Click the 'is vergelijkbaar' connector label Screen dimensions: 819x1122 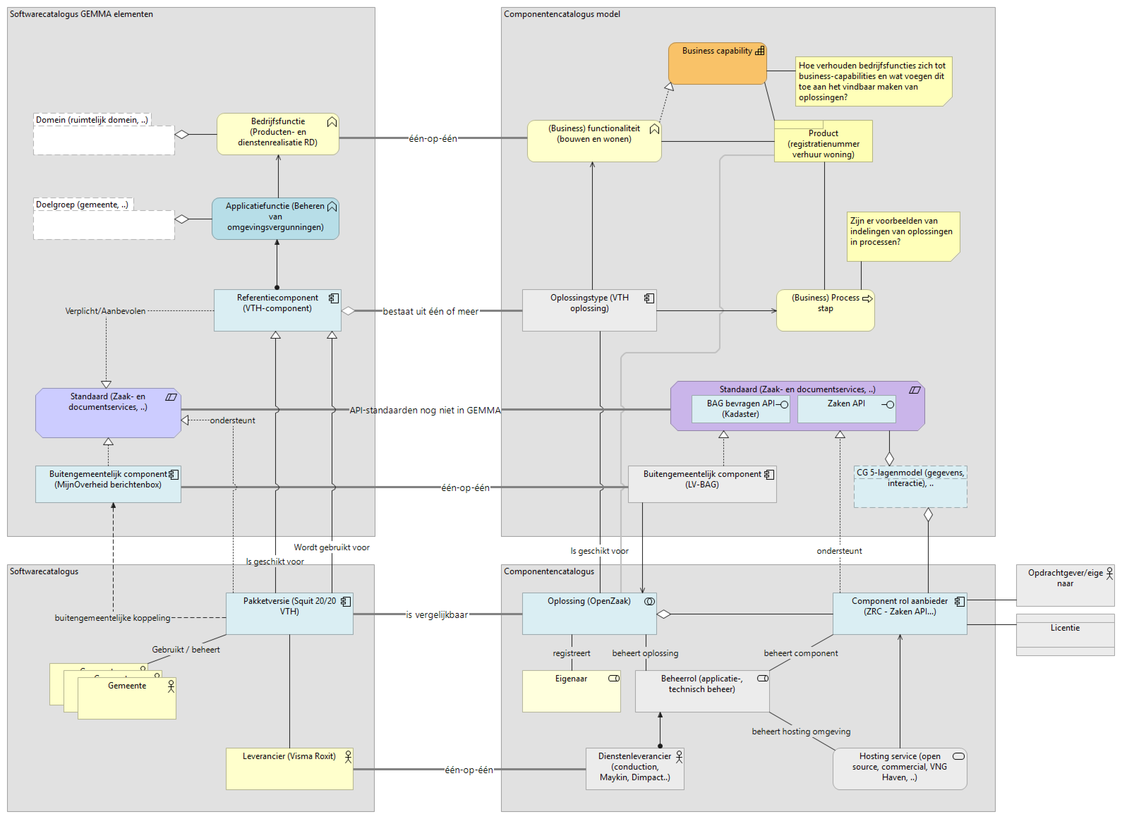tap(436, 615)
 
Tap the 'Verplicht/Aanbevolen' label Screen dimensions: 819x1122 tap(105, 311)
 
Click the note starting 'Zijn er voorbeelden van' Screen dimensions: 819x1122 tap(902, 236)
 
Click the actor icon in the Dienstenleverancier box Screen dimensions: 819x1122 tap(679, 757)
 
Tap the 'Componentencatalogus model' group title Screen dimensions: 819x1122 tap(561, 14)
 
